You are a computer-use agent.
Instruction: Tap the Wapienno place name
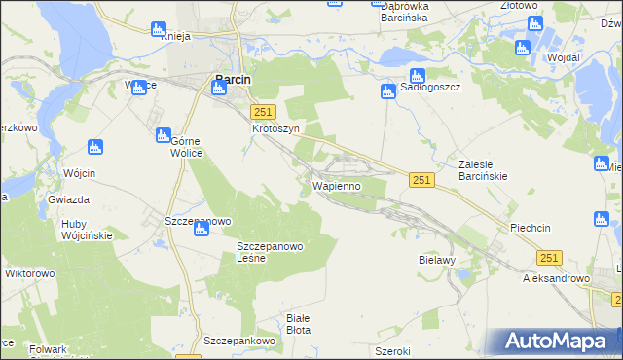click(337, 185)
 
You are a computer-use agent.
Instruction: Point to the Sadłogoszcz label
click(430, 88)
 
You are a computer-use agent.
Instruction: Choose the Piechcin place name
click(531, 228)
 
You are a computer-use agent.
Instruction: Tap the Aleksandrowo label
click(557, 278)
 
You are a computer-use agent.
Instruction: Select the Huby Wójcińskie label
click(87, 229)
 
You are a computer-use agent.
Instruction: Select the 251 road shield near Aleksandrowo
click(549, 257)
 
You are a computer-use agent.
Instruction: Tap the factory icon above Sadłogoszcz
click(417, 75)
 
